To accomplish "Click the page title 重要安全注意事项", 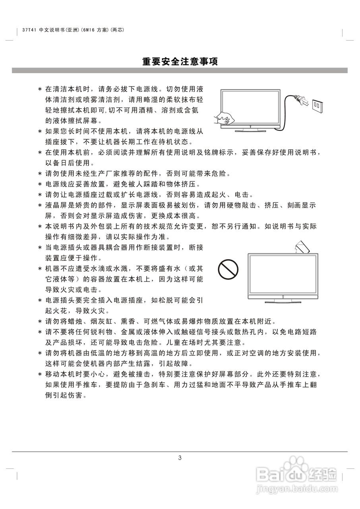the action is pos(180,62).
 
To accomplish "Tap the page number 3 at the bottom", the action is pos(180,458).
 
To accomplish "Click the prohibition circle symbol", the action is pos(228,270).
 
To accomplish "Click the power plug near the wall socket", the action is pos(302,101).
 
